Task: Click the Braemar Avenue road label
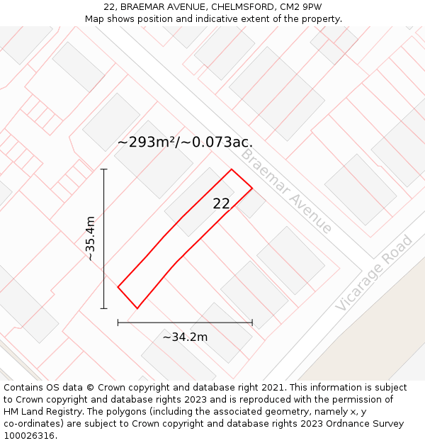tap(286, 191)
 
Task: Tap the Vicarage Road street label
tap(373, 272)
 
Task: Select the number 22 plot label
tap(222, 203)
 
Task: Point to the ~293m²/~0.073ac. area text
tap(185, 142)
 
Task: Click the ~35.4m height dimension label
tap(90, 238)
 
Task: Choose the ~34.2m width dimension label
tap(185, 337)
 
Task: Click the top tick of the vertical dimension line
tap(104, 169)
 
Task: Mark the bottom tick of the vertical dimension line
tap(104, 308)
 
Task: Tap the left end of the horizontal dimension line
tap(118, 323)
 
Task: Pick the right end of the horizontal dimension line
tap(252, 323)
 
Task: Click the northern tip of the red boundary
tap(232, 169)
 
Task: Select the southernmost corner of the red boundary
tap(137, 308)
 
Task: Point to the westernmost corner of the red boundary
tap(118, 286)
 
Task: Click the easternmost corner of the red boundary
tap(252, 188)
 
